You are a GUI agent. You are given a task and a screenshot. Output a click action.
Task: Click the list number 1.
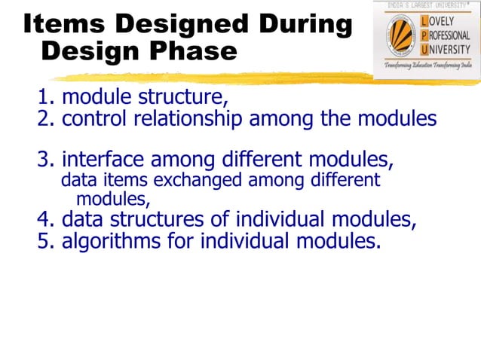44,98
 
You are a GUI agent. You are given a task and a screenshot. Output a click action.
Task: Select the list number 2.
44,119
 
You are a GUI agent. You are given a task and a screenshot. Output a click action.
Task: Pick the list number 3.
44,160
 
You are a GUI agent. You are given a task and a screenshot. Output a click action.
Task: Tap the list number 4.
44,220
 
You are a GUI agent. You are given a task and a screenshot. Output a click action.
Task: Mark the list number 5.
44,242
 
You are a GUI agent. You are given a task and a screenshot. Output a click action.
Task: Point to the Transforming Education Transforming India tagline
427,66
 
